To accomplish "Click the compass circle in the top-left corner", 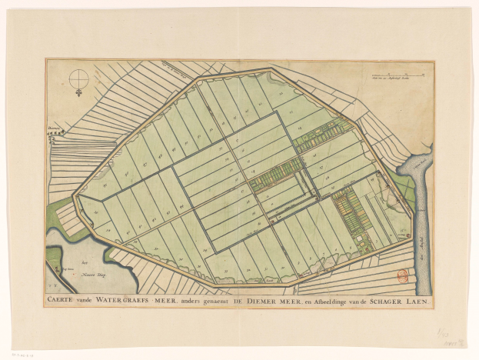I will tap(78, 78).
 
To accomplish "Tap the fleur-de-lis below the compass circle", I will tap(78, 93).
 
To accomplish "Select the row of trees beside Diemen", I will tap(55, 132).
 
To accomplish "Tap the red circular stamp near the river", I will tap(402, 275).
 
